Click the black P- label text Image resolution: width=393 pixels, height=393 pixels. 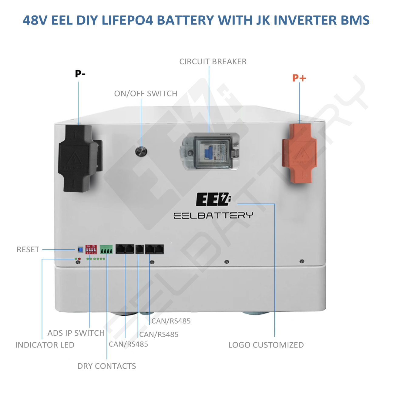coord(80,74)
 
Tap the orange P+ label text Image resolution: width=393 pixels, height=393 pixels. coord(299,78)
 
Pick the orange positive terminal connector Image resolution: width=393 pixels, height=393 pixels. coord(299,153)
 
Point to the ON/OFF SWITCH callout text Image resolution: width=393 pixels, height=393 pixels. coord(146,94)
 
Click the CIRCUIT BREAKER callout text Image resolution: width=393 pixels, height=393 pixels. coord(213,62)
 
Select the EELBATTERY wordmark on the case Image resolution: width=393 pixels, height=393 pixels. coord(213,215)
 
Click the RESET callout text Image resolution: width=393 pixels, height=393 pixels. coord(28,250)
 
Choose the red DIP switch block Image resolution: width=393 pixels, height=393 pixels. coord(91,249)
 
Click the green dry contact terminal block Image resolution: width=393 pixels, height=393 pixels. coord(106,250)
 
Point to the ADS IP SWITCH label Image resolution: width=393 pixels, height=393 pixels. coord(76,333)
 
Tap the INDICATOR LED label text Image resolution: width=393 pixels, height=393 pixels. coord(45,345)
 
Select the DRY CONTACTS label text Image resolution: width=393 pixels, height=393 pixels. coord(106,366)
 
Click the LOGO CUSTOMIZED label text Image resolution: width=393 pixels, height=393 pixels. coord(266,345)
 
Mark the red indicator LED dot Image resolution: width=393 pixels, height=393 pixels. coord(79,259)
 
